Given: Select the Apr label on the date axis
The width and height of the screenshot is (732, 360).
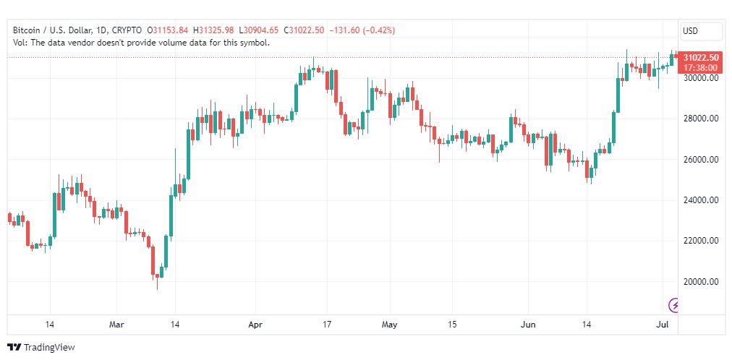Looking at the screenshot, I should [x=255, y=325].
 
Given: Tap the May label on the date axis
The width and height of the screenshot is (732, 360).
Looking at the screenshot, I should [x=390, y=325].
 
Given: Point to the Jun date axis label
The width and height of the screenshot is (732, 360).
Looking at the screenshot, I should [x=528, y=325].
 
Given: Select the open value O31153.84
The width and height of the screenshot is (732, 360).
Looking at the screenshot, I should [x=168, y=30].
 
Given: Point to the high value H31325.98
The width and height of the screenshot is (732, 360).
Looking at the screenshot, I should [x=215, y=30].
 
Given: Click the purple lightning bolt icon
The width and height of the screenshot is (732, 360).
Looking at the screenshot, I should [x=674, y=305].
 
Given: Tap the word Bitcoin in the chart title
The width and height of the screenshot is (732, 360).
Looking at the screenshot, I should [x=27, y=30].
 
